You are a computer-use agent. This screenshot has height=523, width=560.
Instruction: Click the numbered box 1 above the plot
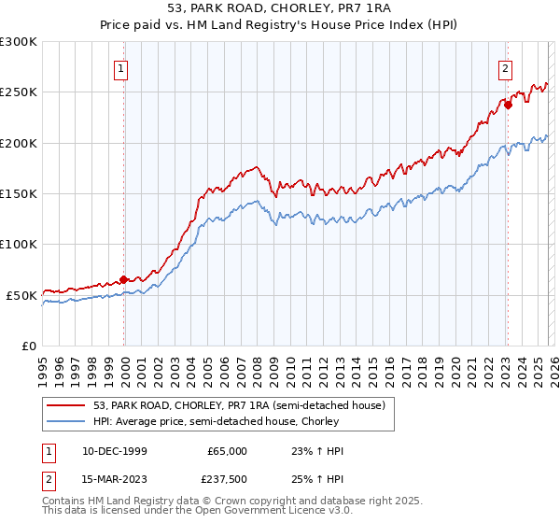click(x=122, y=67)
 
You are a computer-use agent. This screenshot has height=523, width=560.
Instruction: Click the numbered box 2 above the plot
click(x=505, y=67)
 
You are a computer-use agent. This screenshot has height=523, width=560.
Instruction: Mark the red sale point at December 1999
click(x=123, y=279)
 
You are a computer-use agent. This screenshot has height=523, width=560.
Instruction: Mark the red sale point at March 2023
click(x=508, y=105)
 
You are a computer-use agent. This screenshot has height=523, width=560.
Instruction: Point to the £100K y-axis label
click(x=19, y=244)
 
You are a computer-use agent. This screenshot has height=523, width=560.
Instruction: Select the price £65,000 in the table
click(x=227, y=451)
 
